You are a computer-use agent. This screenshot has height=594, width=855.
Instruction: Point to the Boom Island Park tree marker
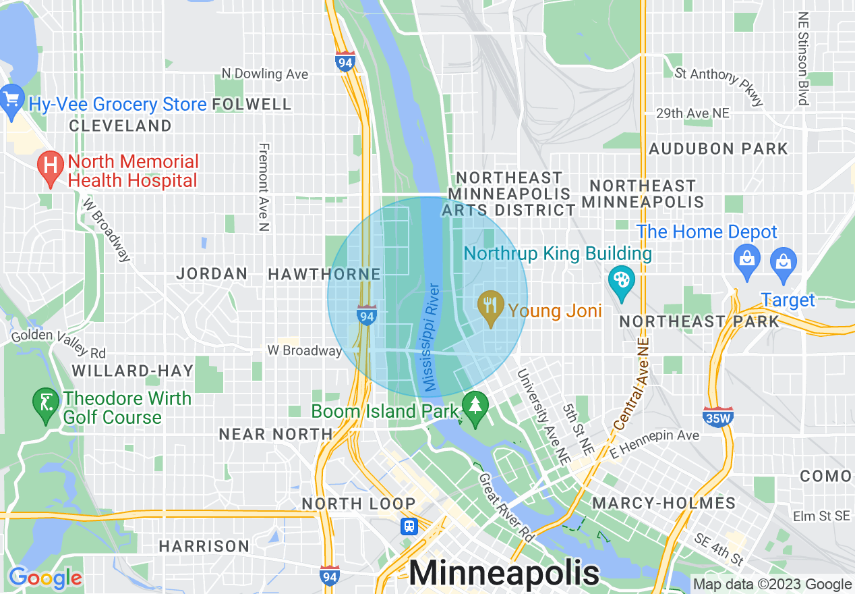(476, 408)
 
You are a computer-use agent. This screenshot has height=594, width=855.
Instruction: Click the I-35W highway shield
(717, 416)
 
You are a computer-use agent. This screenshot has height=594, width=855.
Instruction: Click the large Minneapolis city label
(504, 573)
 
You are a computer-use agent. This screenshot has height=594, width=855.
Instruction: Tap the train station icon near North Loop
(409, 526)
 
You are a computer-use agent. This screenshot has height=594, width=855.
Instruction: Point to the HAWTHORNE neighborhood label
(324, 274)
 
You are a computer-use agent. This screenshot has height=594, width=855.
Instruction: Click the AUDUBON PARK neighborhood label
(718, 148)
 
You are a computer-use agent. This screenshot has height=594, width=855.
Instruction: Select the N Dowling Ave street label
(264, 74)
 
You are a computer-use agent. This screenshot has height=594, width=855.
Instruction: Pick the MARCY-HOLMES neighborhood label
(664, 503)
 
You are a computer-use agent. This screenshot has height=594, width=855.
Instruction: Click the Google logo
(45, 578)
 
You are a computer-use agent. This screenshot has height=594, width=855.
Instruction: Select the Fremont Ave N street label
(264, 187)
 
